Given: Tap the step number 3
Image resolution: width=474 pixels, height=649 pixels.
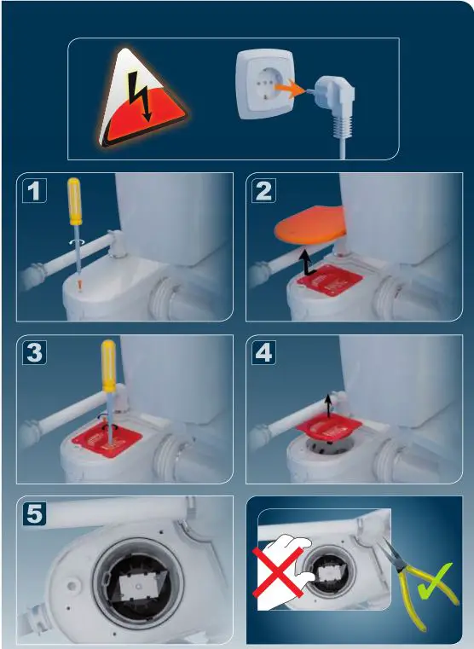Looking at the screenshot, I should coord(34,353).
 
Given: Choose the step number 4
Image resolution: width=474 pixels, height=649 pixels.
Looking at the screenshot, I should coord(264,353).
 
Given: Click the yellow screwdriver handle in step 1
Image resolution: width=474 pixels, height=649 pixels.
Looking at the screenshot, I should coord(74,200).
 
